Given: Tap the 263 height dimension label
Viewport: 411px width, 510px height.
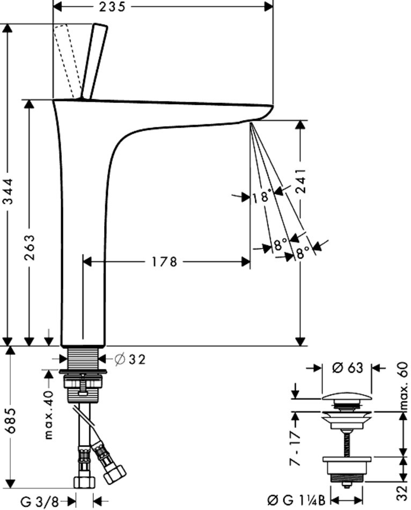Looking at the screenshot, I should click(30, 248).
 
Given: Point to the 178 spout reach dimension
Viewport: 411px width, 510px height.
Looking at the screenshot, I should click(164, 262).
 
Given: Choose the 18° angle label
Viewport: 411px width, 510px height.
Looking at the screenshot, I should click(260, 198).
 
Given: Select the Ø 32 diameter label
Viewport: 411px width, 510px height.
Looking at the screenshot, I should click(130, 360).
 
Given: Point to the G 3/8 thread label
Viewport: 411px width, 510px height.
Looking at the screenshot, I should click(40, 502).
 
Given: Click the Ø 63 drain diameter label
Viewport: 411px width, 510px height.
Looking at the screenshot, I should click(348, 368).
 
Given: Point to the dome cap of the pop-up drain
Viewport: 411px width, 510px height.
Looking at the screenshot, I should click(348, 398).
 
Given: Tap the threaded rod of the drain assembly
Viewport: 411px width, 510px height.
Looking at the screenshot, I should click(348, 443).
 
